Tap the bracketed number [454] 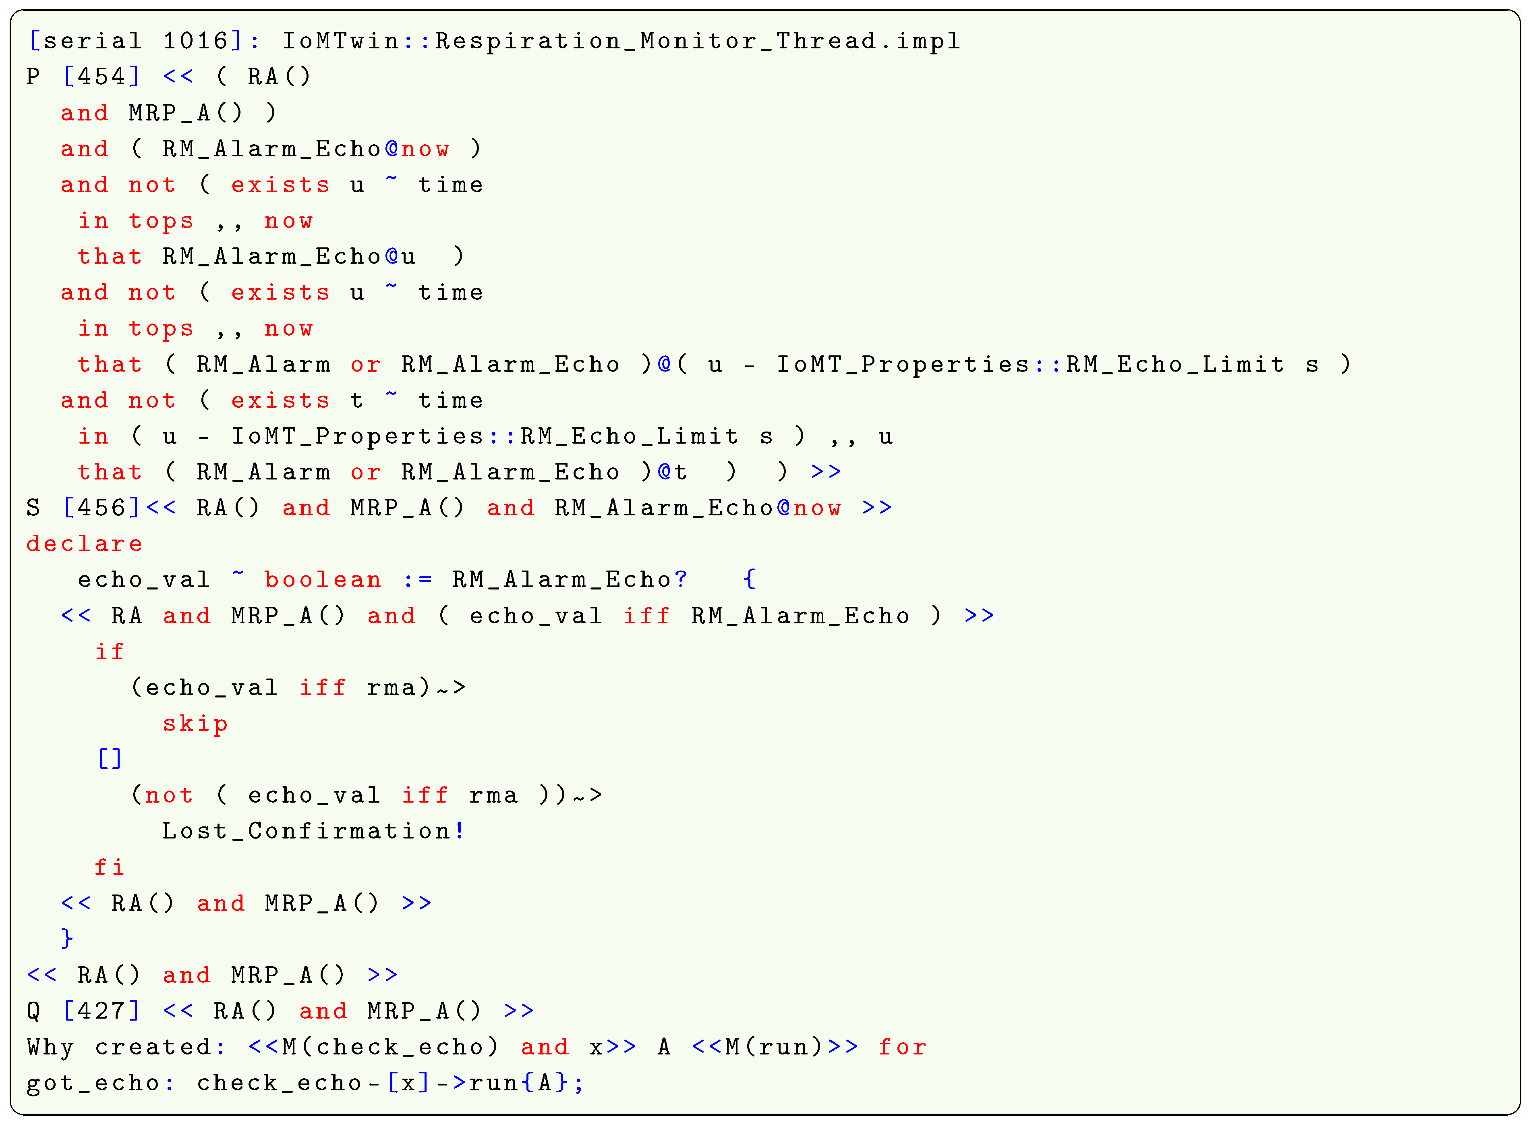tap(101, 77)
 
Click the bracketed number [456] tap(101, 508)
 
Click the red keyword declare tap(85, 544)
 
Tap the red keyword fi tap(109, 867)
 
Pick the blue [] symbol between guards tap(109, 759)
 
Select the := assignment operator tap(417, 580)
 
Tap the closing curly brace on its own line tap(66, 938)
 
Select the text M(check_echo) tap(390, 1047)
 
